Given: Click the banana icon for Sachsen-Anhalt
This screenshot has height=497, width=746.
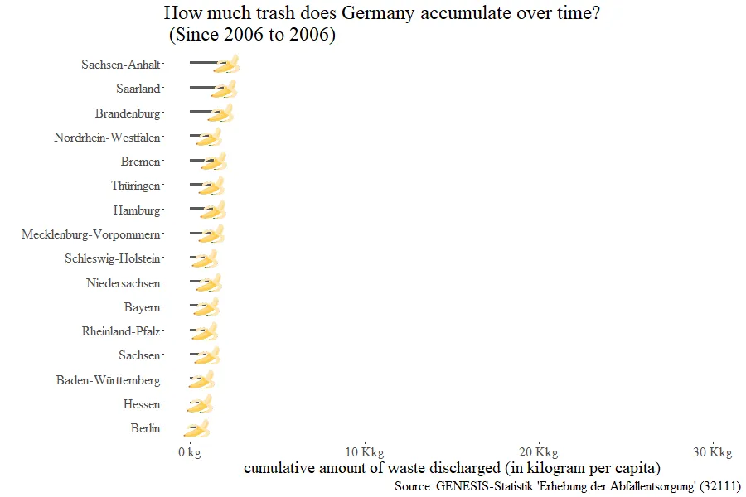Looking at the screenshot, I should tap(226, 65).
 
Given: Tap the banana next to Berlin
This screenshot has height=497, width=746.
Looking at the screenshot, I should tap(196, 429).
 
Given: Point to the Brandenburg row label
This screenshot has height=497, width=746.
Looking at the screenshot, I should tap(128, 113).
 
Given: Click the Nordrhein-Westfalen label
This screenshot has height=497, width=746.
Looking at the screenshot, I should tap(107, 138).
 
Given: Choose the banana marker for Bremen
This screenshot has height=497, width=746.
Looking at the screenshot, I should tap(214, 162).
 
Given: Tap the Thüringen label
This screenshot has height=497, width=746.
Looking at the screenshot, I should tap(136, 186).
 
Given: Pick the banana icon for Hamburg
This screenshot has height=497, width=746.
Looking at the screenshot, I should tap(214, 210).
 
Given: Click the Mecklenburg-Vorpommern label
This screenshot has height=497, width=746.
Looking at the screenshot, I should tap(90, 234).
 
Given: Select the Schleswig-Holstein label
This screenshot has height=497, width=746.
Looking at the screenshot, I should tap(113, 259).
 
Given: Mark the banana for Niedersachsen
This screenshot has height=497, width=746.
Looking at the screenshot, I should tap(210, 283).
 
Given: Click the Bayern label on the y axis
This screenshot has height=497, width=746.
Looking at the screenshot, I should tap(142, 307).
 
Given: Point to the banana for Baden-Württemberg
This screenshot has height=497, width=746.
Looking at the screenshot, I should tap(201, 380).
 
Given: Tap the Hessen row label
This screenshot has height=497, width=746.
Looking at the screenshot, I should tap(141, 404).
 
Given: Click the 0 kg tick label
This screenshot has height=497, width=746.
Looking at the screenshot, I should tap(190, 452).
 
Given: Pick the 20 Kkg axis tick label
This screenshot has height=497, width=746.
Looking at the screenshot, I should tap(538, 452).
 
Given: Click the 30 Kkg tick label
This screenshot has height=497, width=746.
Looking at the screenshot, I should tap(712, 452).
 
